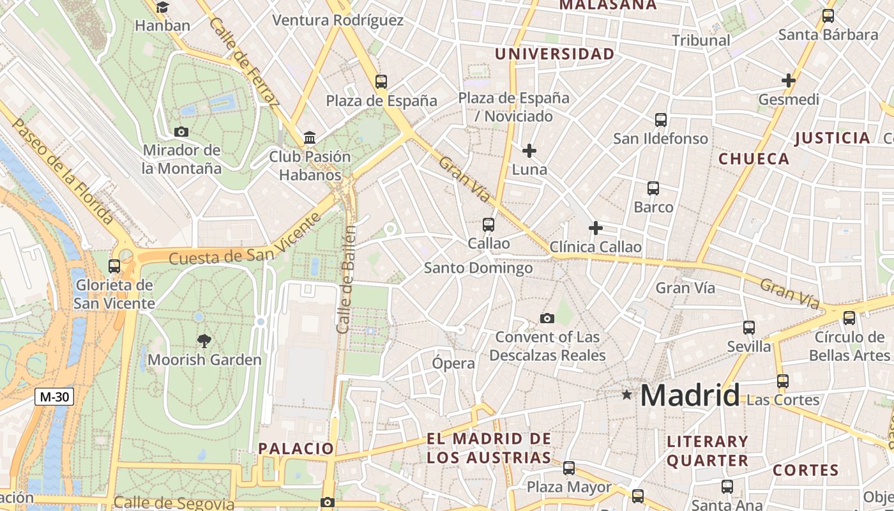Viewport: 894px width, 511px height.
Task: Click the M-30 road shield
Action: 54,397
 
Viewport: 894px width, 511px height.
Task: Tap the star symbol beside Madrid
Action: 627,395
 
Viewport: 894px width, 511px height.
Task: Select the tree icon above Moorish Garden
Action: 204,341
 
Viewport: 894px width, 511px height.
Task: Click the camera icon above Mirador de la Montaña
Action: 181,132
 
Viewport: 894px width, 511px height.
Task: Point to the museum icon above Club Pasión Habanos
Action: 310,138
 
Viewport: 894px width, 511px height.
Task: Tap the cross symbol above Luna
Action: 529,151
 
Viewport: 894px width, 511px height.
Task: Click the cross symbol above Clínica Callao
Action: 595,228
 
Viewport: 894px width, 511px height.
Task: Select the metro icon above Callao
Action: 489,225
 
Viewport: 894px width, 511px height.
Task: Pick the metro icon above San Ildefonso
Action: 661,120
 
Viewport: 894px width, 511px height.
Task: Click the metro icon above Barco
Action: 653,188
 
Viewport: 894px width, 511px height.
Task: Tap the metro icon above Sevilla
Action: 749,328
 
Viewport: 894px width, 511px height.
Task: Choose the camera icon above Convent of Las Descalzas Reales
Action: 547,318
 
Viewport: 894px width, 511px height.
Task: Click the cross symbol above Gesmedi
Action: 789,80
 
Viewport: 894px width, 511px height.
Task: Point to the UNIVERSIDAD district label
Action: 554,54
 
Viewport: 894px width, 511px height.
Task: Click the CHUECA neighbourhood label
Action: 754,159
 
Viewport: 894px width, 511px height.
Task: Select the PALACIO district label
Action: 296,448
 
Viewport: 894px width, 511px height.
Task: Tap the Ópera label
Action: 453,363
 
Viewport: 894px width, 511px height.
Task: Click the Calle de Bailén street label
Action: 345,279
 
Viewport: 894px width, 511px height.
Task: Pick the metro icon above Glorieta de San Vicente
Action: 114,266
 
